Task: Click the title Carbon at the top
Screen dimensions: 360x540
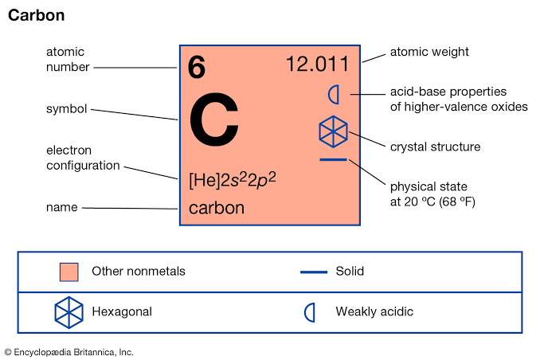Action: tap(36, 16)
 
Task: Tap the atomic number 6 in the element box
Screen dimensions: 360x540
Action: tap(197, 69)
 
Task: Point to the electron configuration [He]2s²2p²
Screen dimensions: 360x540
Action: tap(232, 179)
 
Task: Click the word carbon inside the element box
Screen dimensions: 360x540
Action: tap(217, 209)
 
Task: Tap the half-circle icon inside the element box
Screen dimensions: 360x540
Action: tap(335, 94)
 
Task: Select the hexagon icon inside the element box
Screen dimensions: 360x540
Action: tap(333, 131)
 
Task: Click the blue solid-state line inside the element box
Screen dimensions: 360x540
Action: tap(333, 160)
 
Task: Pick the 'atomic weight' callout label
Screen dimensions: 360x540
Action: tap(429, 52)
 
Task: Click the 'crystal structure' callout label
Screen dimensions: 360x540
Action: tap(435, 147)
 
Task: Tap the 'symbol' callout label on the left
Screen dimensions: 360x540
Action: tap(67, 108)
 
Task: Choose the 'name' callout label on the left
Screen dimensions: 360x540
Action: tap(61, 207)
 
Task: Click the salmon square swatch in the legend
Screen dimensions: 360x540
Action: tap(69, 272)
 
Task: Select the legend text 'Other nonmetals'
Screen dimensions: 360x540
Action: tap(139, 272)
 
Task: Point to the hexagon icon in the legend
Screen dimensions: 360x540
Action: tap(69, 311)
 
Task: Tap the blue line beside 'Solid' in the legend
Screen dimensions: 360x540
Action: tap(314, 272)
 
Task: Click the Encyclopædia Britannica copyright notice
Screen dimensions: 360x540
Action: tap(68, 351)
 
